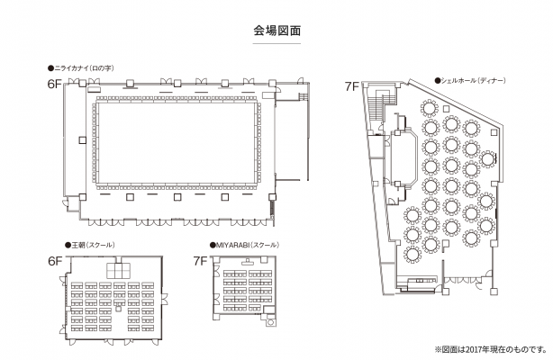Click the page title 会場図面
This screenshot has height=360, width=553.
pos(276,31)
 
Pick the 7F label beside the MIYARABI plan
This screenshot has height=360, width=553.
pos(201,261)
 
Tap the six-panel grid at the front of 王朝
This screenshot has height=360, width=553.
pos(117,270)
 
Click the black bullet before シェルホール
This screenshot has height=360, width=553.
pos(437,80)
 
